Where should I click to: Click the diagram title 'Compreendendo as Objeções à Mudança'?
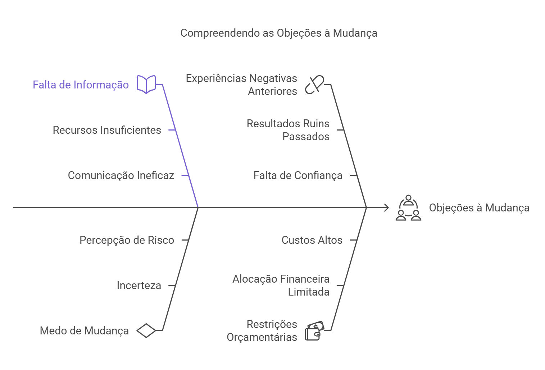279,33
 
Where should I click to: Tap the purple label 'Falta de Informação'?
81,85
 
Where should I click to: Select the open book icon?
146,84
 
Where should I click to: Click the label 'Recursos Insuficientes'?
107,130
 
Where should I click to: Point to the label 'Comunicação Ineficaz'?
121,175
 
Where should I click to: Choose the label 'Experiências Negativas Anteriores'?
241,85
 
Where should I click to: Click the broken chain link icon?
314,85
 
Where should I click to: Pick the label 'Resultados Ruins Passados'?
288,130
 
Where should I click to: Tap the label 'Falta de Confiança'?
298,175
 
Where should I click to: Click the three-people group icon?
408,208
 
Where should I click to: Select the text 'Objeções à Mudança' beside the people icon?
479,208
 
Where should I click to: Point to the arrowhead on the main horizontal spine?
387,208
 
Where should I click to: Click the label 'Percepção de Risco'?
127,240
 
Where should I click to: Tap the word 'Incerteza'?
139,286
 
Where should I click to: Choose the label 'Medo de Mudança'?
84,331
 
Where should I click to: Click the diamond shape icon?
146,331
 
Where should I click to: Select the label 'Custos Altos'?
312,240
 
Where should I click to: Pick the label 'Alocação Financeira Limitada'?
281,286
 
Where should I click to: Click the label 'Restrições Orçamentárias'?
262,331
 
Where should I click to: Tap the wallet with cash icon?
314,331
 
